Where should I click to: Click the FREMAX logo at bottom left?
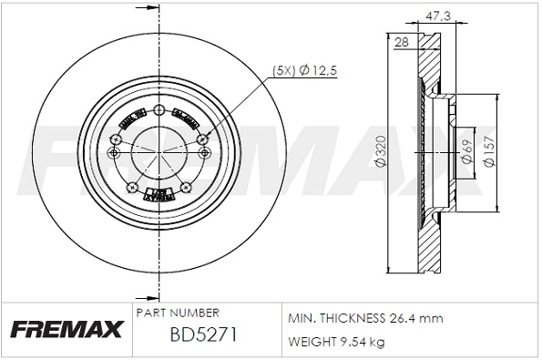[65, 329]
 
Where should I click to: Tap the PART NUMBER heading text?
[177, 312]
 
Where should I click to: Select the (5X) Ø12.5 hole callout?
[304, 70]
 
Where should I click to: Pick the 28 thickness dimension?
[400, 40]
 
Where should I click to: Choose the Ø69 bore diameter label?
[465, 152]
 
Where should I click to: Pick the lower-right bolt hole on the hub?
[185, 187]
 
